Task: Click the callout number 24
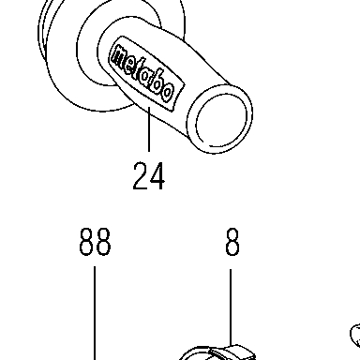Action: pyautogui.click(x=148, y=176)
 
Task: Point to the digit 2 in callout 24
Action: pyautogui.click(x=140, y=176)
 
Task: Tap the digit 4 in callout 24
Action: pyautogui.click(x=157, y=176)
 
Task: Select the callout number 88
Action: pyautogui.click(x=95, y=242)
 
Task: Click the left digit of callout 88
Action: pyautogui.click(x=86, y=242)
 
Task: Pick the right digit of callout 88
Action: pyautogui.click(x=103, y=242)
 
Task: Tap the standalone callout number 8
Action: pyautogui.click(x=232, y=242)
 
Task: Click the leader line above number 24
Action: pyautogui.click(x=149, y=128)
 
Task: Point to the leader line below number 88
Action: pyautogui.click(x=95, y=313)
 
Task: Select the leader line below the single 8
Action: pyautogui.click(x=231, y=307)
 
